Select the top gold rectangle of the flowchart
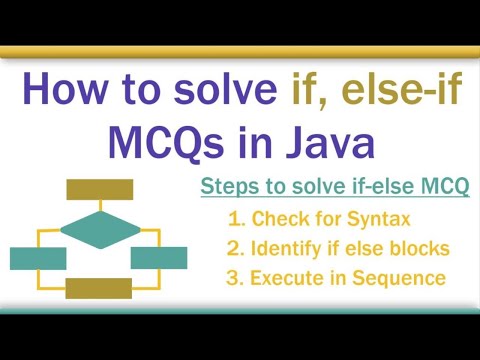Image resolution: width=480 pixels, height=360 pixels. [x=98, y=188]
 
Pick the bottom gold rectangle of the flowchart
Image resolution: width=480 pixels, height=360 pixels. [x=98, y=288]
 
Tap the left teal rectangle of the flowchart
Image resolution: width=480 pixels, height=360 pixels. [x=37, y=258]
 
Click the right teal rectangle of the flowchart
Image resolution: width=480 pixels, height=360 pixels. [x=159, y=258]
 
